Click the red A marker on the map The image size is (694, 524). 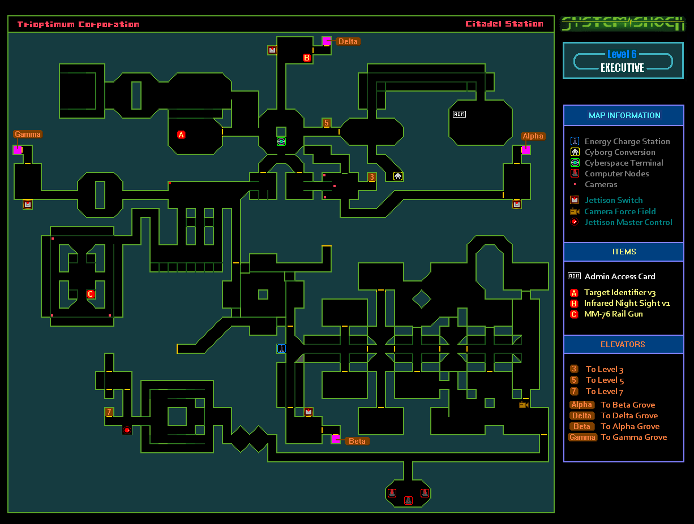pyautogui.click(x=181, y=135)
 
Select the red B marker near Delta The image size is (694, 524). pyautogui.click(x=307, y=58)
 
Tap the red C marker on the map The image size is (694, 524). pyautogui.click(x=91, y=294)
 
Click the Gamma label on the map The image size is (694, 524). pyautogui.click(x=28, y=135)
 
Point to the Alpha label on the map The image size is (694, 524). pyautogui.click(x=533, y=136)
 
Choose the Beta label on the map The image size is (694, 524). pyautogui.click(x=357, y=441)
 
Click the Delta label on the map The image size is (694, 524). pyautogui.click(x=348, y=41)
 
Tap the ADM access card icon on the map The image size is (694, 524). pyautogui.click(x=459, y=114)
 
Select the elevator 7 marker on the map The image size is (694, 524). pyautogui.click(x=109, y=412)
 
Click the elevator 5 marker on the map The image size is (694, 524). pyautogui.click(x=327, y=123)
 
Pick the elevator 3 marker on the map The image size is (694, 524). pyautogui.click(x=371, y=177)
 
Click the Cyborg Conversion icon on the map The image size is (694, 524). pyautogui.click(x=398, y=176)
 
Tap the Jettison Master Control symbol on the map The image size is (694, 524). pyautogui.click(x=127, y=430)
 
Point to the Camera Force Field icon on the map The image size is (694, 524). pyautogui.click(x=524, y=404)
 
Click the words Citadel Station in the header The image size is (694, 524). pyautogui.click(x=504, y=24)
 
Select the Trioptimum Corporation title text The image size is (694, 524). pyautogui.click(x=78, y=24)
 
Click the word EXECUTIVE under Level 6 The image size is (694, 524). pyautogui.click(x=622, y=68)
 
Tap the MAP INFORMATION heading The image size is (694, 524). pyautogui.click(x=624, y=115)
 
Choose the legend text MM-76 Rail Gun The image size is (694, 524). pyautogui.click(x=613, y=314)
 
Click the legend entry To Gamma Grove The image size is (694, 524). pyautogui.click(x=633, y=437)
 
